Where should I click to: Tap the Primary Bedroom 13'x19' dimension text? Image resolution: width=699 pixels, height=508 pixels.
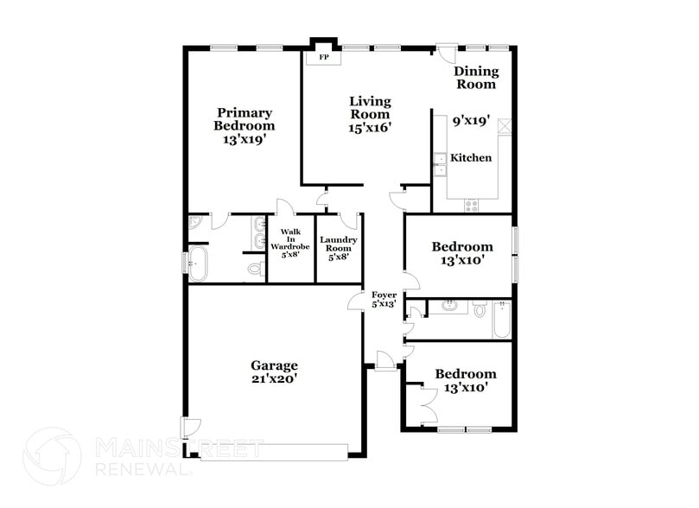(245, 138)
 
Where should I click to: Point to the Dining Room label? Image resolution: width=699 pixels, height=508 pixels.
(475, 78)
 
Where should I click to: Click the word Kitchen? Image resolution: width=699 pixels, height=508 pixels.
(471, 158)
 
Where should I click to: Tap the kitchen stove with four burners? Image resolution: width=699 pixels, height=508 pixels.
(472, 206)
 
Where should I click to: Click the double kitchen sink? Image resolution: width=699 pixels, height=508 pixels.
(440, 164)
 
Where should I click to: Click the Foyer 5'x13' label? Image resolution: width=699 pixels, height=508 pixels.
(384, 299)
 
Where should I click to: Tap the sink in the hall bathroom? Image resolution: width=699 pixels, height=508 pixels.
(449, 305)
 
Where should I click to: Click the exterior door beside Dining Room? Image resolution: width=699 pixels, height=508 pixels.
(447, 53)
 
